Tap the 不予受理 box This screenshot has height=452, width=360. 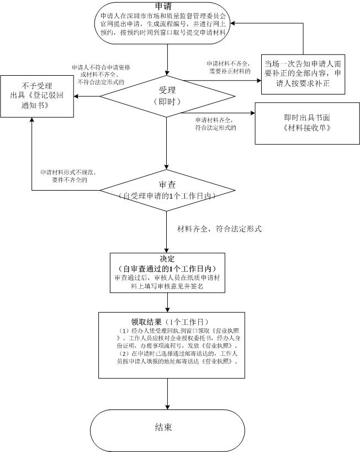click(x=37, y=96)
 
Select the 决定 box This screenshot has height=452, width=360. click(x=167, y=272)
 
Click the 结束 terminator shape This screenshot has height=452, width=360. click(x=167, y=428)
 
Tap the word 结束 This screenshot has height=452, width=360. click(x=163, y=428)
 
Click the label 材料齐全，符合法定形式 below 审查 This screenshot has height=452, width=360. click(x=219, y=229)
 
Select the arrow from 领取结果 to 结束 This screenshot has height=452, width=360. click(x=167, y=393)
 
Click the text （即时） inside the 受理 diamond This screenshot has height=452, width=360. click(x=166, y=103)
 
